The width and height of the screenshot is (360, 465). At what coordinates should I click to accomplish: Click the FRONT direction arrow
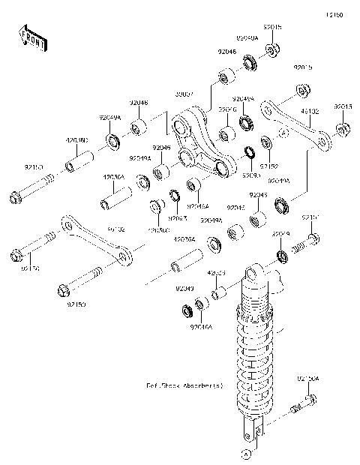tap(32, 39)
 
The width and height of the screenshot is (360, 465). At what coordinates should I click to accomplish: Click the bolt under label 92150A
tap(301, 407)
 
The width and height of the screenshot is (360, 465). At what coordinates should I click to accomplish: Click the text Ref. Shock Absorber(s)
tap(184, 385)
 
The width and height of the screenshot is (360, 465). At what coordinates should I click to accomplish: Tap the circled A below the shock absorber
tap(244, 454)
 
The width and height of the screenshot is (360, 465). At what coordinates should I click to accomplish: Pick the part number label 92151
tap(310, 217)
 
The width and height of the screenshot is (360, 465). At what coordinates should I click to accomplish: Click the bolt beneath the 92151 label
tap(307, 241)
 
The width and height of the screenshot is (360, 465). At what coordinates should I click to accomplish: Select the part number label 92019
tap(280, 234)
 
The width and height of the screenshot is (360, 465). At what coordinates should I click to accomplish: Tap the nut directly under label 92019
tap(282, 257)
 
